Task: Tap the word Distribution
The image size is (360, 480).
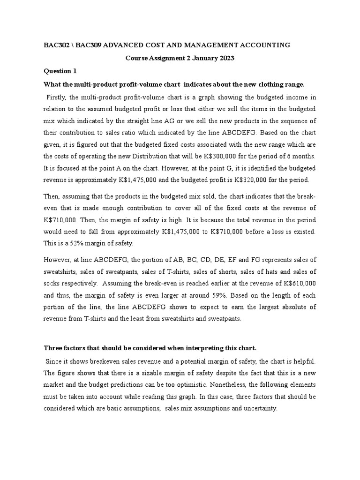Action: [162, 156]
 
